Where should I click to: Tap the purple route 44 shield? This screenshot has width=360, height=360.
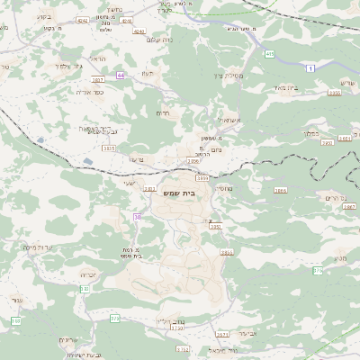120,75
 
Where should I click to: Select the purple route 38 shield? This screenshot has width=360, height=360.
137,217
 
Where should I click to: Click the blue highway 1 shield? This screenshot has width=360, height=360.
310,68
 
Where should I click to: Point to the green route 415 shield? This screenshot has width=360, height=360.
270,54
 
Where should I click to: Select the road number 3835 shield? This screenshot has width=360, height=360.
109,148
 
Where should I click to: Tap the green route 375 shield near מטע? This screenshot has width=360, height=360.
318,270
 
